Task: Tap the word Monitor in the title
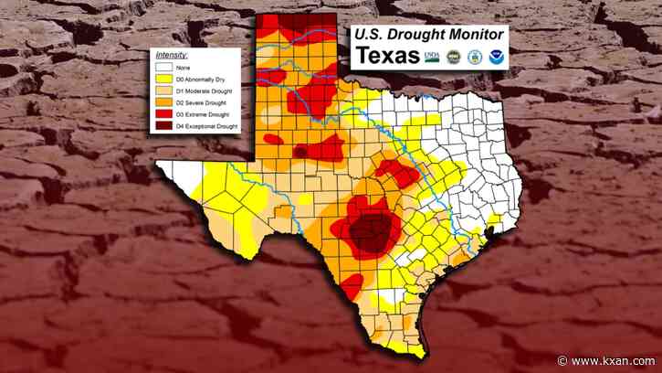[475, 34]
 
